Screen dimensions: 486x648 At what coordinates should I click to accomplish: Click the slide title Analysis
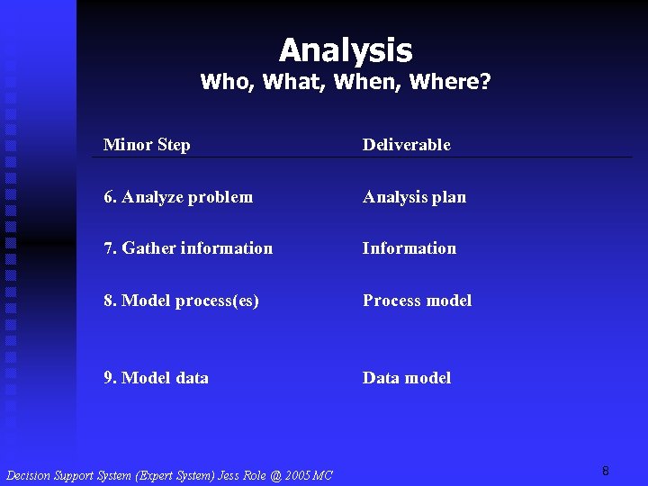(x=346, y=49)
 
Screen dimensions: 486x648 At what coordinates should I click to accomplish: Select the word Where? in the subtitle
(x=450, y=83)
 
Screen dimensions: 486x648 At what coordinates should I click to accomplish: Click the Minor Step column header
(x=147, y=145)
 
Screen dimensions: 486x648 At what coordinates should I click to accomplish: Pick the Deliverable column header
(x=406, y=145)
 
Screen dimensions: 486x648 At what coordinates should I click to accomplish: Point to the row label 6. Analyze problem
(x=178, y=197)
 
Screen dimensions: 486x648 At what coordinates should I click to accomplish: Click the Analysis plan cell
(x=414, y=197)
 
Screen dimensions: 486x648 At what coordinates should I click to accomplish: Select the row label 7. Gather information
(x=188, y=248)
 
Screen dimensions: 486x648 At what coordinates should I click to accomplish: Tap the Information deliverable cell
(x=409, y=248)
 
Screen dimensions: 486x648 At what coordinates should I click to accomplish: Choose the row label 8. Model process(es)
(x=182, y=301)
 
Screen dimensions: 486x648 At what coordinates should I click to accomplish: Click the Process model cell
(x=417, y=301)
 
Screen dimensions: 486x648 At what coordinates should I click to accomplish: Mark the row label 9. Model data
(x=157, y=378)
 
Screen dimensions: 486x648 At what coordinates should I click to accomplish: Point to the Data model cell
(x=407, y=378)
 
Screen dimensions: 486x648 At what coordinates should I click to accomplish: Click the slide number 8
(x=606, y=471)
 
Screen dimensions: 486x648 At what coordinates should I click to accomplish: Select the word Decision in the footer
(x=28, y=475)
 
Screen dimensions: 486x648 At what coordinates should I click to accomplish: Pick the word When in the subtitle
(x=367, y=83)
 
